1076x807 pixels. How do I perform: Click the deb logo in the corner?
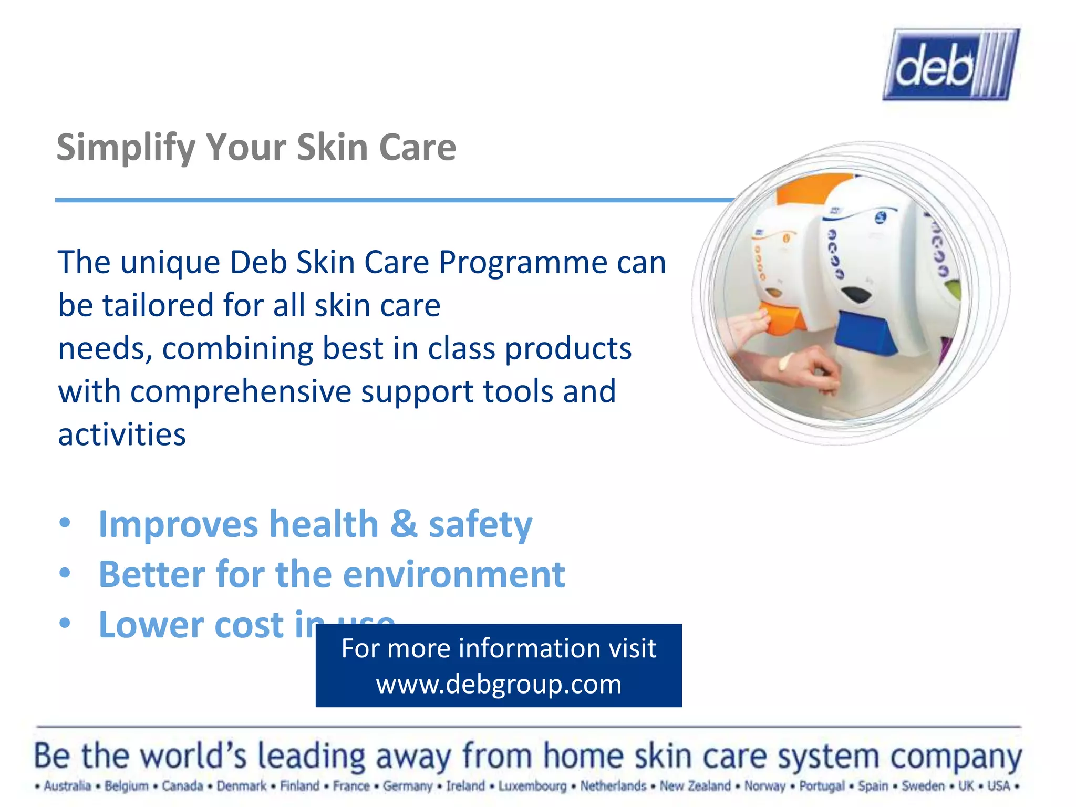click(x=951, y=65)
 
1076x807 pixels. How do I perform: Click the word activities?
click(x=122, y=435)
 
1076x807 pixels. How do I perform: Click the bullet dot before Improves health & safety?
click(x=65, y=523)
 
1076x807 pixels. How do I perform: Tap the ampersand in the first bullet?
click(x=403, y=524)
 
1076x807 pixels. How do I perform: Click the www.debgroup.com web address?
click(x=499, y=684)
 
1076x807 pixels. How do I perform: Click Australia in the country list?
click(x=67, y=786)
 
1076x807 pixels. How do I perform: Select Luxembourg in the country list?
click(x=532, y=786)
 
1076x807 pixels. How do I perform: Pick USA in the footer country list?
click(x=998, y=786)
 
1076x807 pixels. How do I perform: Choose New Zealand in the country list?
click(x=695, y=786)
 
